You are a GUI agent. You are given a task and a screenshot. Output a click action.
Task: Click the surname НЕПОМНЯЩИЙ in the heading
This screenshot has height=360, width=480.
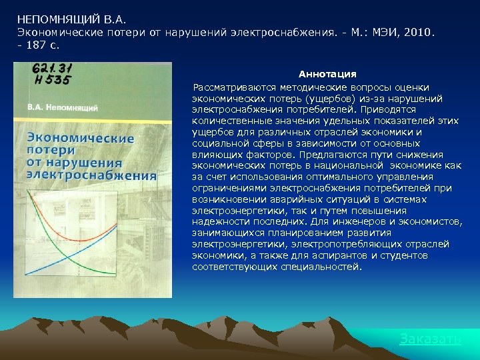coord(57,19)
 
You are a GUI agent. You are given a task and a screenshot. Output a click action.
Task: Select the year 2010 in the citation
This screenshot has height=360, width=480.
coord(417,31)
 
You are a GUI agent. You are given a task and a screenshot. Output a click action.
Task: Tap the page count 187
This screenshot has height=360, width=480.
coord(37,45)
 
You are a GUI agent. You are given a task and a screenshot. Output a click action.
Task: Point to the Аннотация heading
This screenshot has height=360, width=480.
coord(327,74)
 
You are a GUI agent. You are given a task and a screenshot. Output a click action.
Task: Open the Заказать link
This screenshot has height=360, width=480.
coord(430,339)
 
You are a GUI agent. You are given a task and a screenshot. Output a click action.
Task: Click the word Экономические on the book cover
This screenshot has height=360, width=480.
coord(80,138)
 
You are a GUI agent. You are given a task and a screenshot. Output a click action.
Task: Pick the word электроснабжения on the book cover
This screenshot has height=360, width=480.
coord(91,175)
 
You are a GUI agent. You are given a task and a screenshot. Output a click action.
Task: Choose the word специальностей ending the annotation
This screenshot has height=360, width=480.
coord(323,267)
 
